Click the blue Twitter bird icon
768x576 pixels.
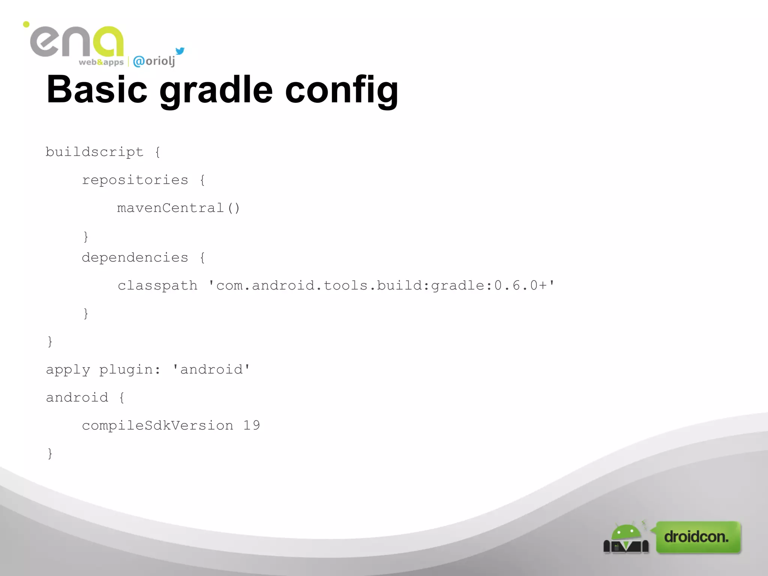(x=180, y=51)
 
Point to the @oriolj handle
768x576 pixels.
(x=154, y=61)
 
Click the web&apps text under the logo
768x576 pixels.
(x=101, y=62)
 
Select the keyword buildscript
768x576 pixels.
(x=94, y=152)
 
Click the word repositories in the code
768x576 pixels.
(x=135, y=180)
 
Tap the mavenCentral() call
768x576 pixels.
(x=178, y=208)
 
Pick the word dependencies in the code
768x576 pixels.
(x=135, y=258)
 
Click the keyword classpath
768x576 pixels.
(x=157, y=286)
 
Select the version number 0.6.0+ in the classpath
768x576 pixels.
(x=520, y=286)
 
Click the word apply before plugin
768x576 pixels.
(x=68, y=370)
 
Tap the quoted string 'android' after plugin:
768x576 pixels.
(x=211, y=370)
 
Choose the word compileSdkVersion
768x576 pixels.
(x=157, y=426)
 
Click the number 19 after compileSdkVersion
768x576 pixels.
(x=251, y=425)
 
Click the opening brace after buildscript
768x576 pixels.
(x=157, y=152)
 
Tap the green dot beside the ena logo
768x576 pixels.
(x=26, y=24)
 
